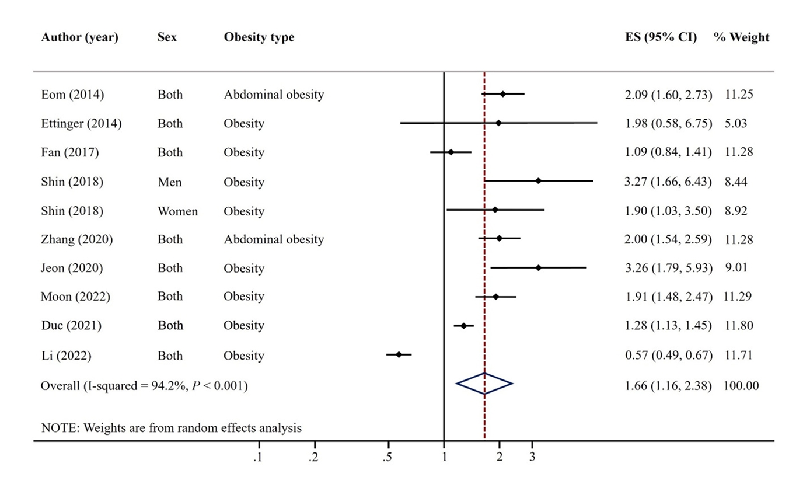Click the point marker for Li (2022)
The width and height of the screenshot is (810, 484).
(399, 354)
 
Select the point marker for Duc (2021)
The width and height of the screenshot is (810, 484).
(464, 326)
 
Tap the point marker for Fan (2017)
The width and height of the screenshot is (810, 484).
(451, 152)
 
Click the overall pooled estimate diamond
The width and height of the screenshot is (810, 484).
(484, 384)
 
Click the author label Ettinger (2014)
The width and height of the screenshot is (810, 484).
(82, 123)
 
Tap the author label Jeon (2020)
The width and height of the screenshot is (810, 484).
(72, 268)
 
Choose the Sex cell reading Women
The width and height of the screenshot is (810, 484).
(177, 211)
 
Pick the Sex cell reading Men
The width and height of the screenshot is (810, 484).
(169, 182)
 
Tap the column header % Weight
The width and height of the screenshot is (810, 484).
(741, 37)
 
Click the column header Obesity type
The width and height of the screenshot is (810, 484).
(259, 37)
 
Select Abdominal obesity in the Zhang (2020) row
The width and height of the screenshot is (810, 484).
(274, 239)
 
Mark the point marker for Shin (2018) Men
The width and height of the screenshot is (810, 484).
(538, 181)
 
